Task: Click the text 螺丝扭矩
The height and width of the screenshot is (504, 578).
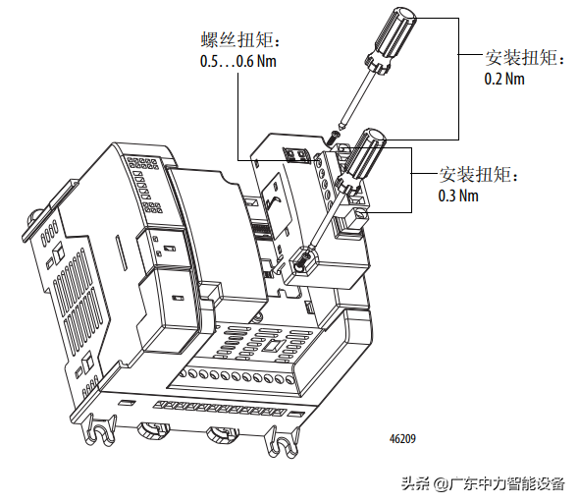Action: (x=237, y=39)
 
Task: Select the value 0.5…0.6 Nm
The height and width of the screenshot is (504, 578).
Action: (x=238, y=61)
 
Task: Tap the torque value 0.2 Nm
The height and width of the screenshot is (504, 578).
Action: (x=504, y=79)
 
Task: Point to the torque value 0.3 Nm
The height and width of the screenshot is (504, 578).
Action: (x=458, y=196)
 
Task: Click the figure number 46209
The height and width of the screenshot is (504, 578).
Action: (x=402, y=439)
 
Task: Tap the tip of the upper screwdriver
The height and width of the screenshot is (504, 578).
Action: (x=342, y=128)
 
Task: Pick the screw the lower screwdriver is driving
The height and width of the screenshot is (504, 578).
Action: (x=303, y=258)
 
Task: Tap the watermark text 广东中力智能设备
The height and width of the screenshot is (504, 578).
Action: (x=507, y=483)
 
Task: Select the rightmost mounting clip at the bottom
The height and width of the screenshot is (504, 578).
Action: (x=283, y=442)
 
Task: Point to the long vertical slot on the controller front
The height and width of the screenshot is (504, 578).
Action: (x=122, y=252)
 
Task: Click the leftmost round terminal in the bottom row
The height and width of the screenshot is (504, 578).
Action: (x=193, y=374)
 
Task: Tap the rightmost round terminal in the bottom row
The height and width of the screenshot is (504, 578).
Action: (x=290, y=379)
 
